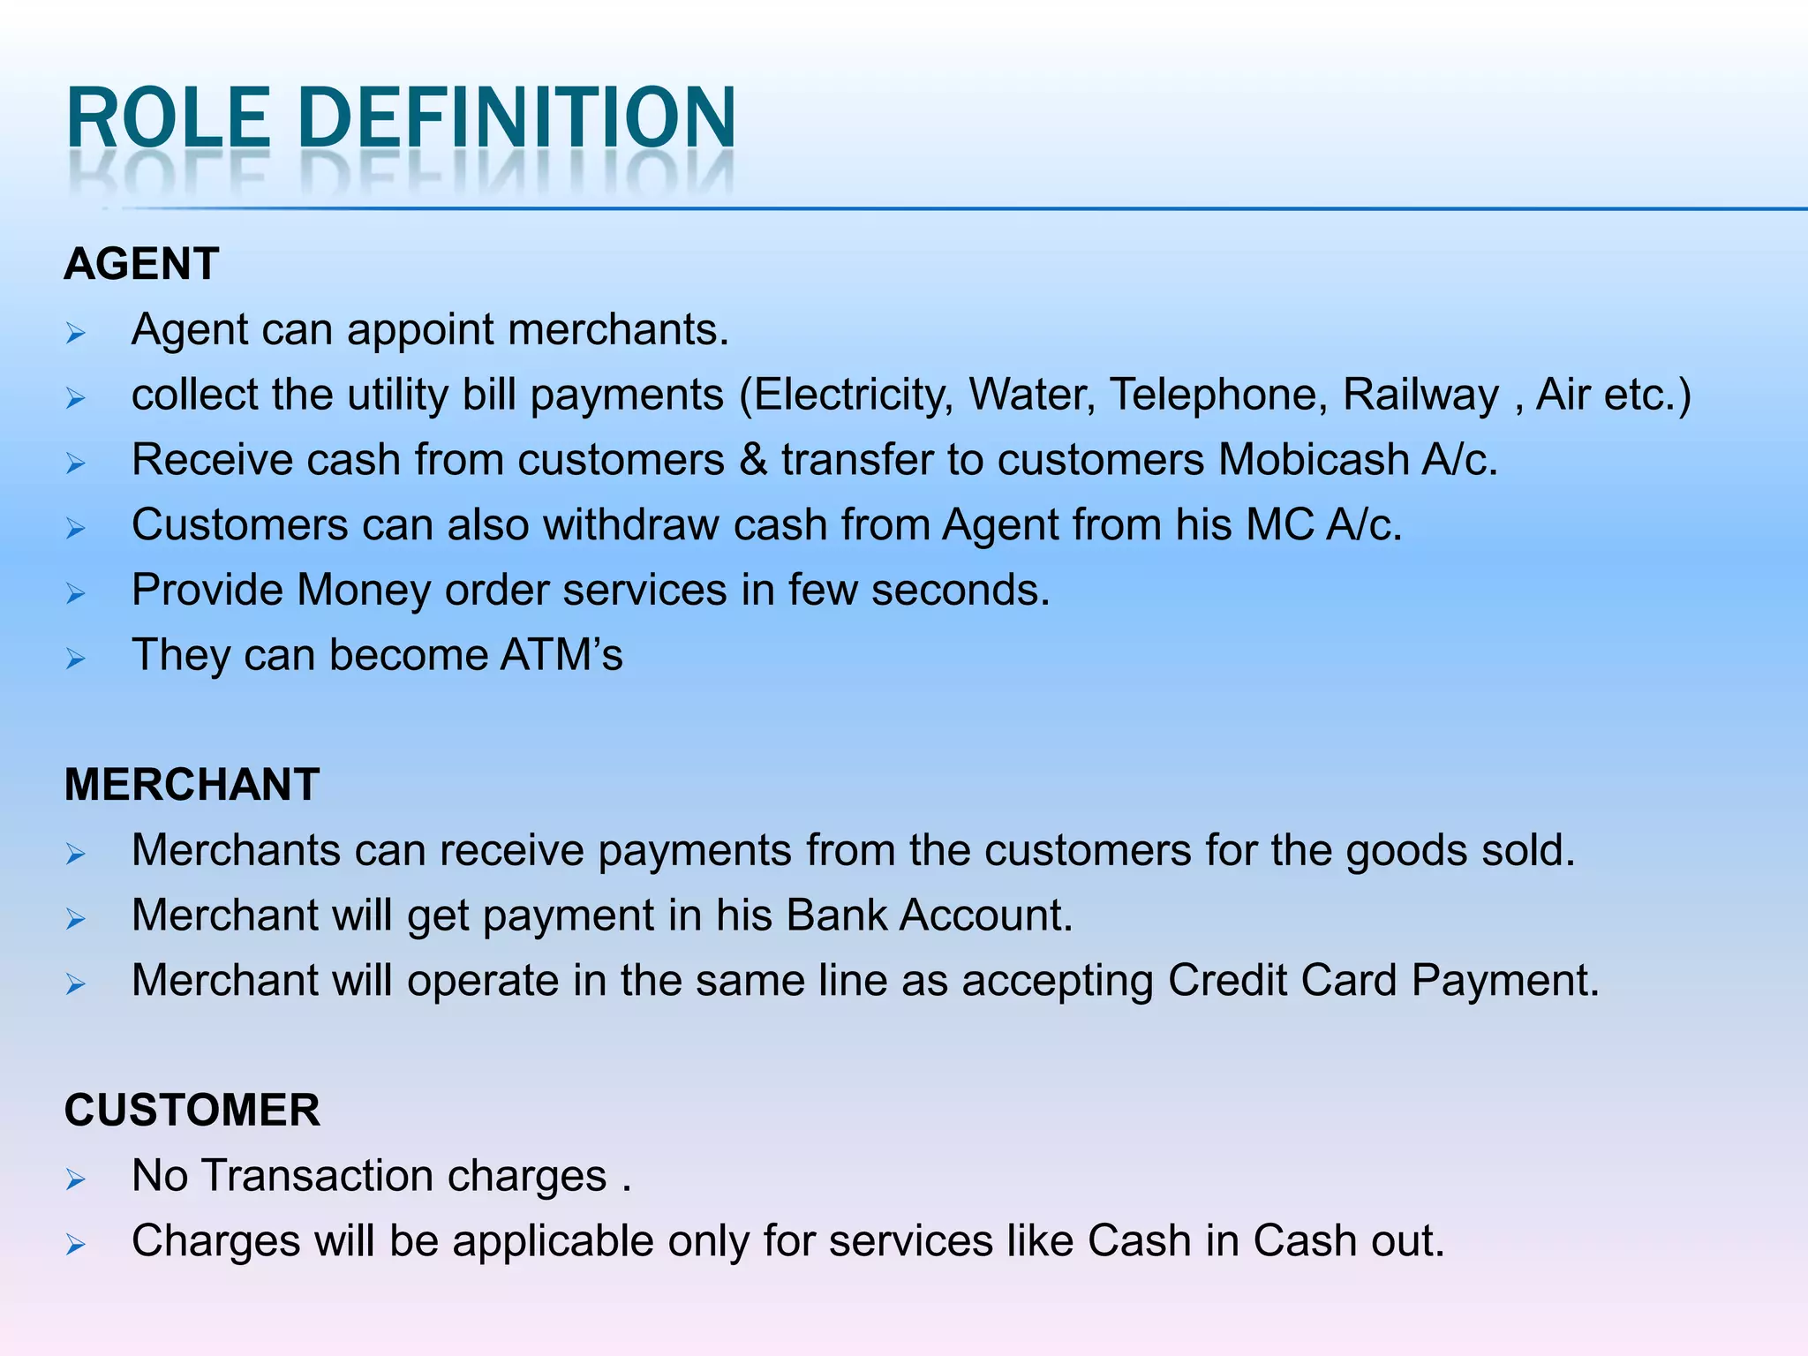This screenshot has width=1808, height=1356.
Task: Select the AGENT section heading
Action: [x=141, y=264]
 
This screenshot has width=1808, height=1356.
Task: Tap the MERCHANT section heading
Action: [x=192, y=785]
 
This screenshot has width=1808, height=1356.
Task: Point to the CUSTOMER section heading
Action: [x=192, y=1110]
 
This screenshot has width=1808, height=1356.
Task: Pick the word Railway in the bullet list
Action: [x=1420, y=395]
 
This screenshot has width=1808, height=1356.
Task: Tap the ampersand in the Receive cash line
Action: [x=753, y=460]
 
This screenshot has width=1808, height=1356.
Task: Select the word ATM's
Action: [x=561, y=655]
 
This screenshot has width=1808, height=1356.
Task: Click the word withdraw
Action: [x=631, y=525]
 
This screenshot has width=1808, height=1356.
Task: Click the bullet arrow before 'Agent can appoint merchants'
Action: [x=76, y=334]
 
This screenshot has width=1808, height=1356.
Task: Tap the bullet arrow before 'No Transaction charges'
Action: [x=76, y=1179]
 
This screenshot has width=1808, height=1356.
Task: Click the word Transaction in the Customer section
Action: [x=317, y=1176]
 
